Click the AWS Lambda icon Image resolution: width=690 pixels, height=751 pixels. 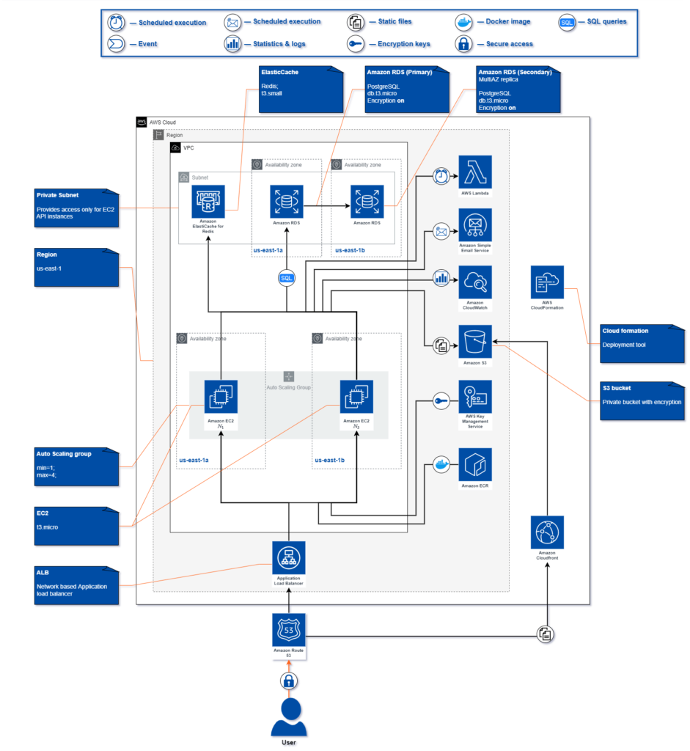coord(475,172)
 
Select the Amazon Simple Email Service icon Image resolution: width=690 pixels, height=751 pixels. coord(475,225)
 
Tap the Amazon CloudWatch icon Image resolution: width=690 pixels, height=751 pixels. coord(475,281)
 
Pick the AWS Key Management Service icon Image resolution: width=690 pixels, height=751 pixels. coord(475,397)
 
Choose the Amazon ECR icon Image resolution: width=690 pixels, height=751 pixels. coord(475,464)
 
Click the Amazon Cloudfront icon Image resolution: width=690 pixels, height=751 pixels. coord(548,532)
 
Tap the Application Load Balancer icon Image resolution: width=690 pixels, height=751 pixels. coord(289,558)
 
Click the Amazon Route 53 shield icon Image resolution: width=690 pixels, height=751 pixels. coord(289,630)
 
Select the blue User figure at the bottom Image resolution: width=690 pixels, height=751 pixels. coord(289,716)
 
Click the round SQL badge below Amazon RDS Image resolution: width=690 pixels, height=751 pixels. coord(287,278)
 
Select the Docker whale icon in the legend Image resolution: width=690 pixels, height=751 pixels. coord(466,22)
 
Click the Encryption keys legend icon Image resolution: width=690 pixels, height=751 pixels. coord(356,44)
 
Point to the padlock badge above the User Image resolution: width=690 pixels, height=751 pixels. coord(289,681)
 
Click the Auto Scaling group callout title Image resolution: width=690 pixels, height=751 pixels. coord(64,454)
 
